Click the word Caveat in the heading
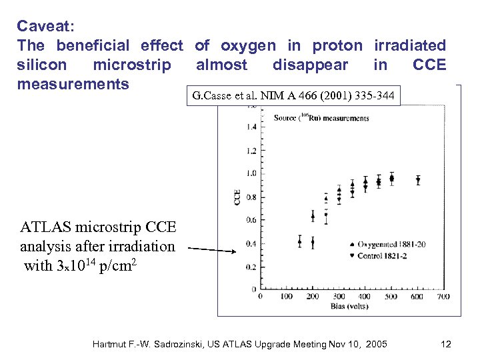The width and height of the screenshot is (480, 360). tap(44, 26)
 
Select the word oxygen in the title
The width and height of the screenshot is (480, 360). tap(248, 45)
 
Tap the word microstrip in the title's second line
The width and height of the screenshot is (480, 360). tap(132, 65)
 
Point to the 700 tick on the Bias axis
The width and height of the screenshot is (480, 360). tap(443, 297)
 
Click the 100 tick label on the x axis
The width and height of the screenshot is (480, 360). tap(286, 297)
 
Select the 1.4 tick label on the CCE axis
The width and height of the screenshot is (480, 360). tap(251, 127)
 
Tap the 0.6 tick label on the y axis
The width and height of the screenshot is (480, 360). tap(251, 220)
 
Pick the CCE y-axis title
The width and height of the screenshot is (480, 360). tap(237, 197)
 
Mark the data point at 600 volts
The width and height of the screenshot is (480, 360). tap(418, 179)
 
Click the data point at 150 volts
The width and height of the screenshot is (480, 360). tap(299, 241)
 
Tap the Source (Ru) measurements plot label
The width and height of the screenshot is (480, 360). tap(321, 118)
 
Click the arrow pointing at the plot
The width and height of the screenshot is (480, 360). tap(213, 249)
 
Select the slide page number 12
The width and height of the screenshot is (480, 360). tap(446, 344)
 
